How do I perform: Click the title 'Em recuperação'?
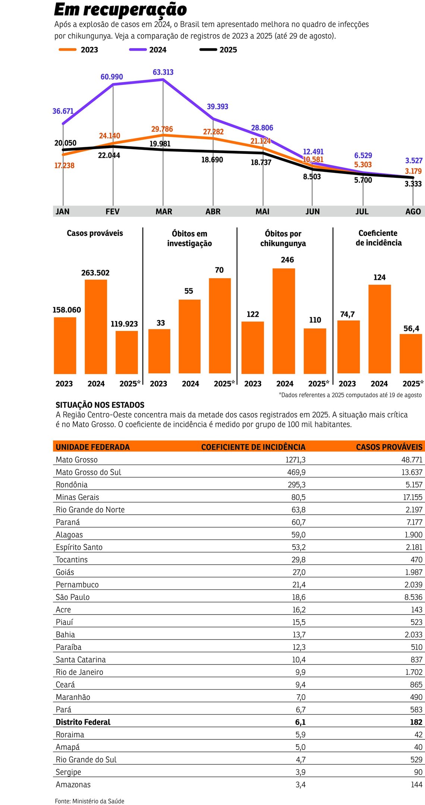[x=120, y=10]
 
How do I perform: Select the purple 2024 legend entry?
[x=148, y=50]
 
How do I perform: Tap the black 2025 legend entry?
[x=218, y=50]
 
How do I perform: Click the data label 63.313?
[x=163, y=72]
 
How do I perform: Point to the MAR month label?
[x=164, y=212]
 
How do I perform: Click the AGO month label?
[x=413, y=212]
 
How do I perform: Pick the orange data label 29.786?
[x=162, y=129]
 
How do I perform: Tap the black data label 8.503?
[x=312, y=177]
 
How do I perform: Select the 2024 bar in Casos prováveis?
[x=96, y=326]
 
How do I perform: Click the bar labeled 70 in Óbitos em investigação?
[x=220, y=325]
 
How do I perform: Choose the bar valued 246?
[x=284, y=321]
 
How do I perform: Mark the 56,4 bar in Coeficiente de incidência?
[x=410, y=353]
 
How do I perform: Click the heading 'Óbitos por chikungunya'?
[x=283, y=239]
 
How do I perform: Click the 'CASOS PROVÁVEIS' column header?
[x=389, y=447]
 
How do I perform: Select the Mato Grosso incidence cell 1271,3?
[x=295, y=460]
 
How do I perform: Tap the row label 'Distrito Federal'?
[x=83, y=722]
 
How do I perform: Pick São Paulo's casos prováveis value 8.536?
[x=413, y=597]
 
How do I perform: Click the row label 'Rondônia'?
[x=72, y=485]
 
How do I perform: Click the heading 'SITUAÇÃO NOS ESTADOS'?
[x=100, y=405]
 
